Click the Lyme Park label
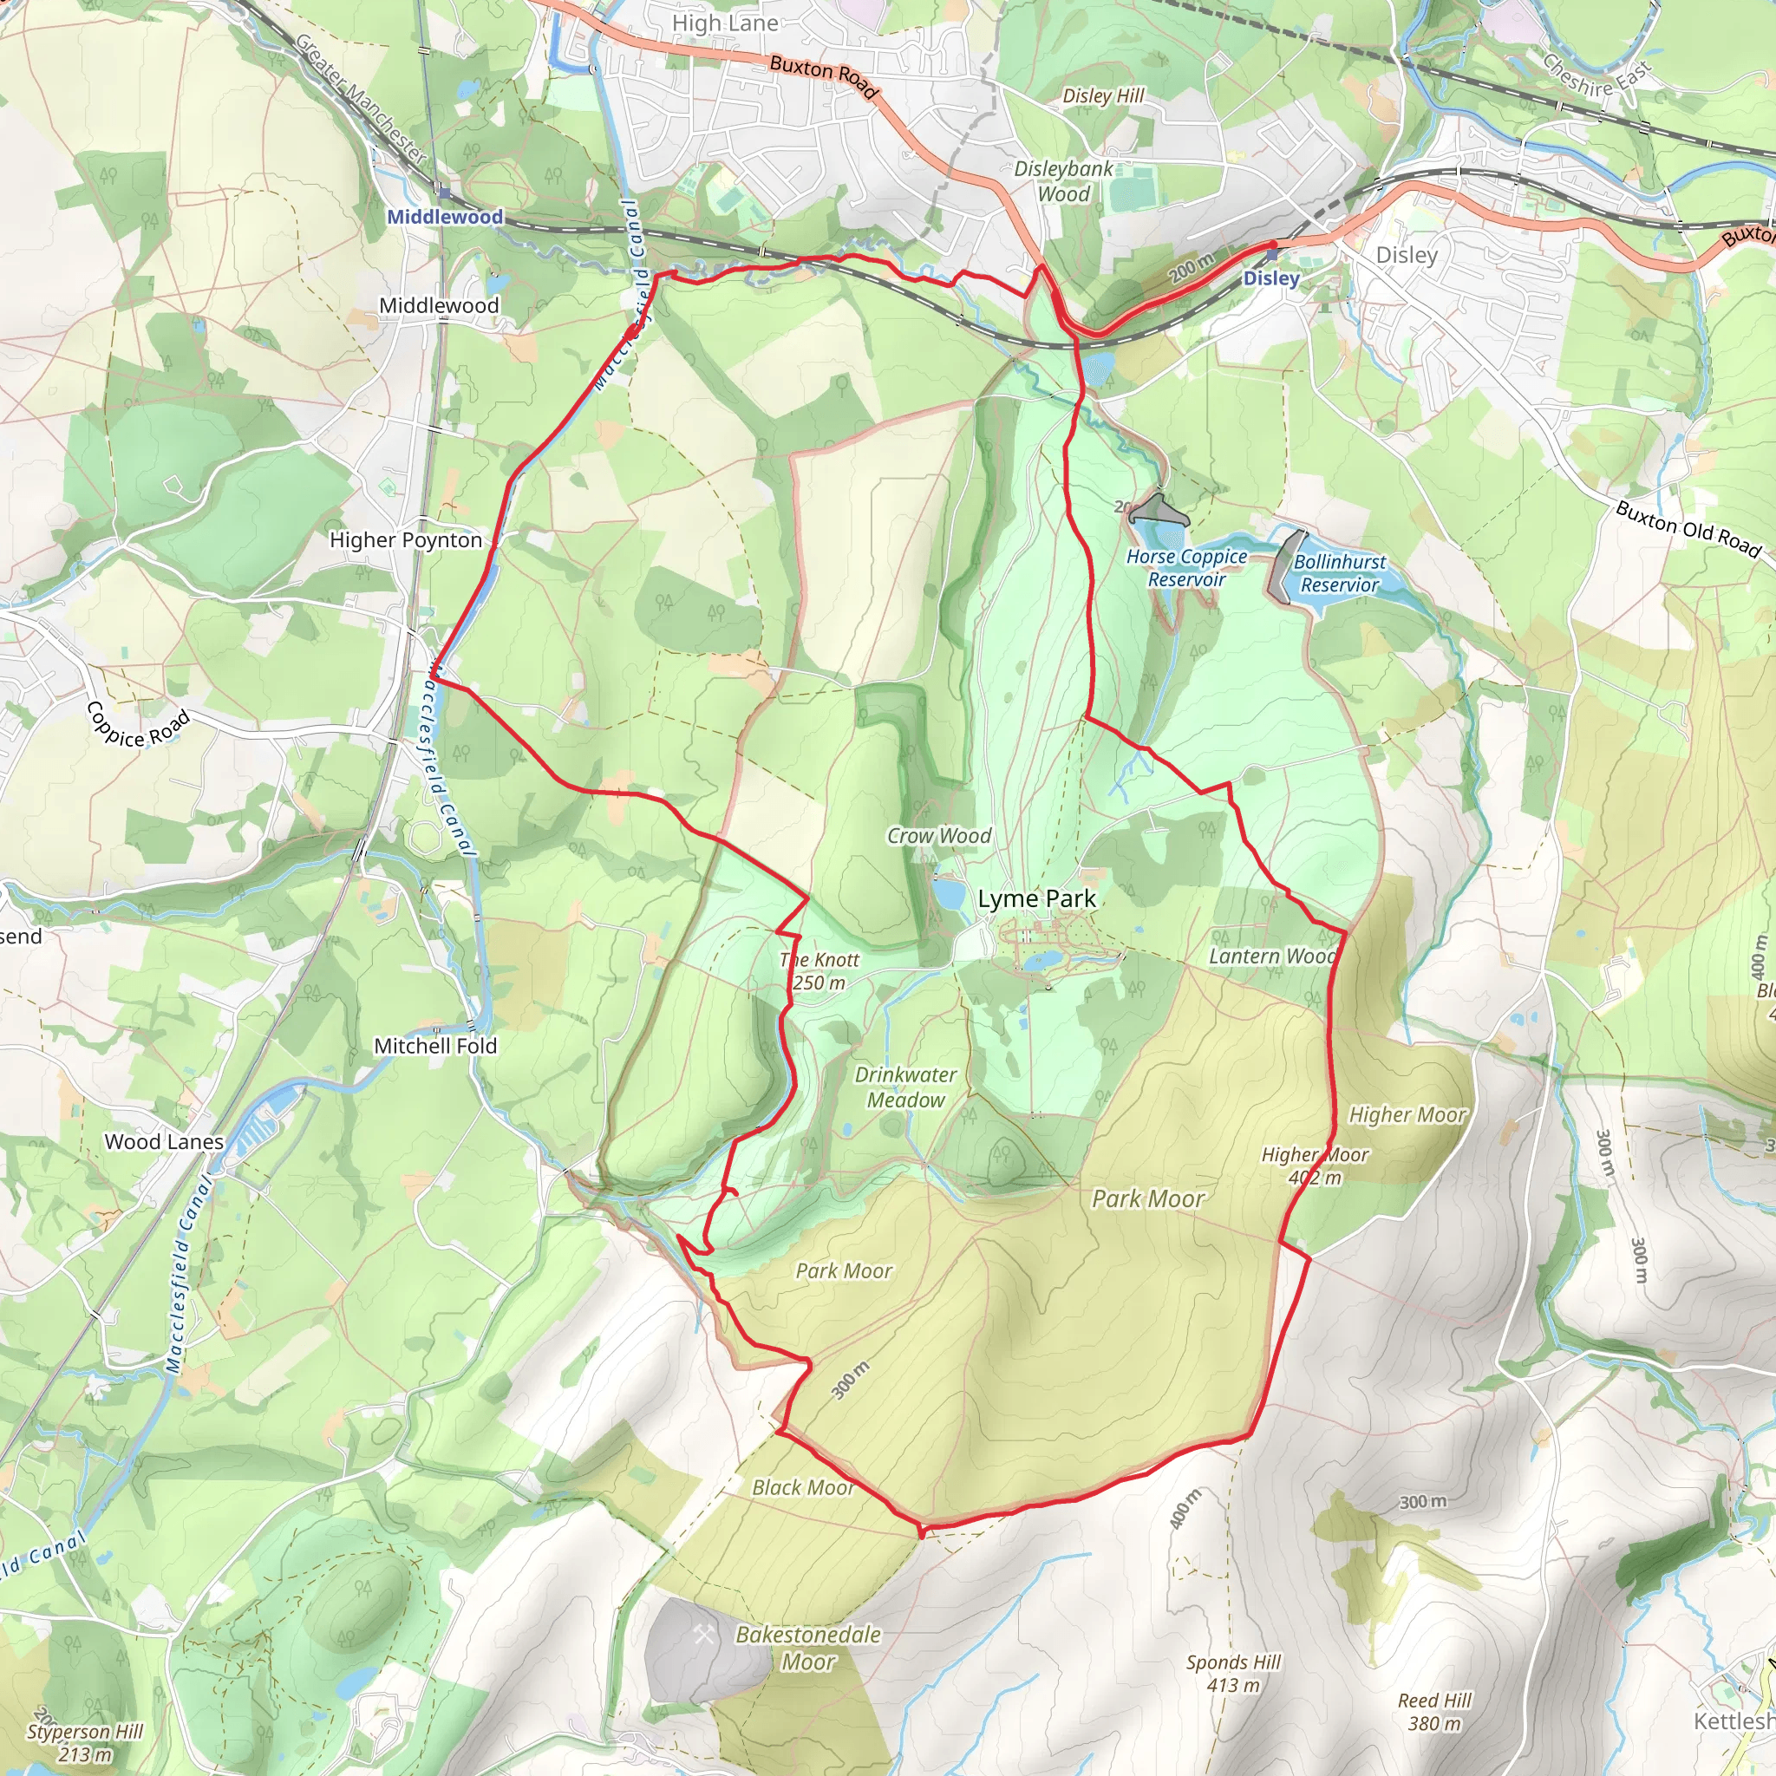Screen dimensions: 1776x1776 point(1036,899)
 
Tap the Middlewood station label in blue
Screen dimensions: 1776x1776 point(445,217)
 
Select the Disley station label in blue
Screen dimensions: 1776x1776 point(1270,277)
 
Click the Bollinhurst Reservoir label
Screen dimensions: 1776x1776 point(1339,572)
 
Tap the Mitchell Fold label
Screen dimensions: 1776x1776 point(434,1046)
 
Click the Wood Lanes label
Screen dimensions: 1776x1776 point(164,1142)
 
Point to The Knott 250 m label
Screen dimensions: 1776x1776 point(819,970)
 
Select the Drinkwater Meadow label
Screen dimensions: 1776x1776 point(905,1087)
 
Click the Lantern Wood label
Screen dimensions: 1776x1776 point(1272,956)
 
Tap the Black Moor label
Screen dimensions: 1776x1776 point(802,1487)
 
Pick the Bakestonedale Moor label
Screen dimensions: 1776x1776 point(808,1648)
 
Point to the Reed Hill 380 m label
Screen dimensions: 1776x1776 point(1434,1712)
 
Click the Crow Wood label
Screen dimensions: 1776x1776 point(938,836)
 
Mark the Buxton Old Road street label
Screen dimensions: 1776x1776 point(1688,530)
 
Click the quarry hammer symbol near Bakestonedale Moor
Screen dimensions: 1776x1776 point(704,1635)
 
